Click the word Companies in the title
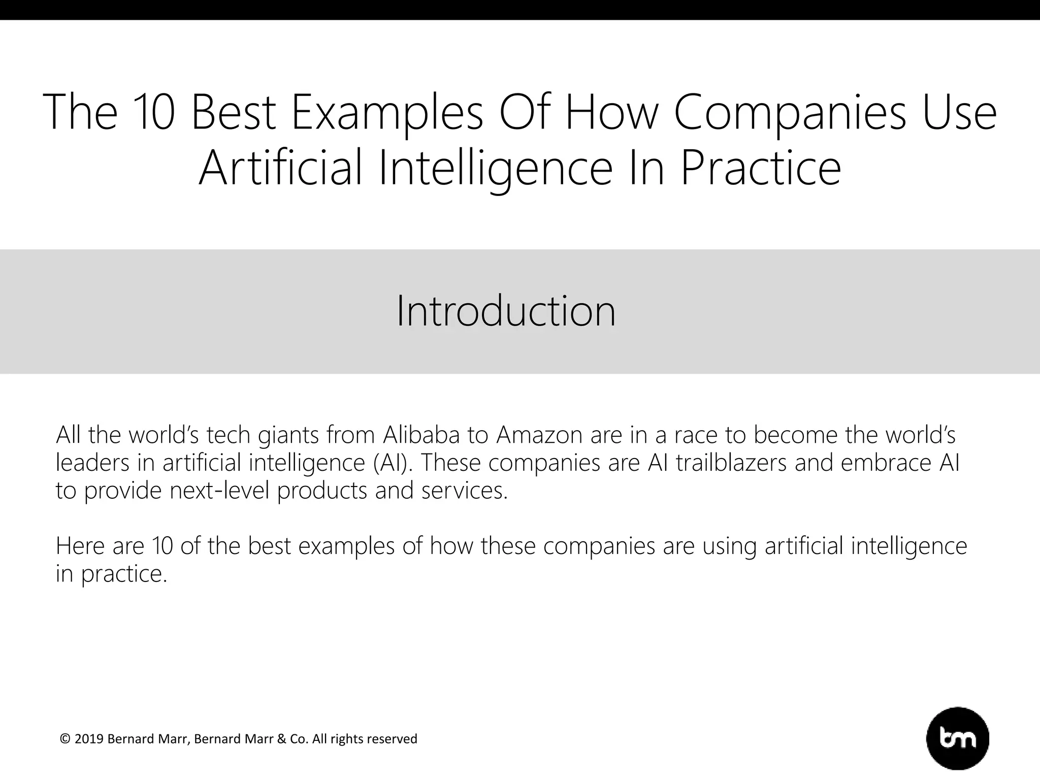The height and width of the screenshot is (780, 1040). [790, 113]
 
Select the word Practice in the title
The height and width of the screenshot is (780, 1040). [761, 169]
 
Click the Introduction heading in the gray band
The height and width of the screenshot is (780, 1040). [506, 311]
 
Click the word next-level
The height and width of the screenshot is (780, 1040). [219, 491]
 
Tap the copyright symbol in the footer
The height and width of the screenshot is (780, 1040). [65, 739]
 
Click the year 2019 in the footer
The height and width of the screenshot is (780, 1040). [89, 739]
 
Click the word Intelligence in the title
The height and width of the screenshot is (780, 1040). [496, 169]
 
